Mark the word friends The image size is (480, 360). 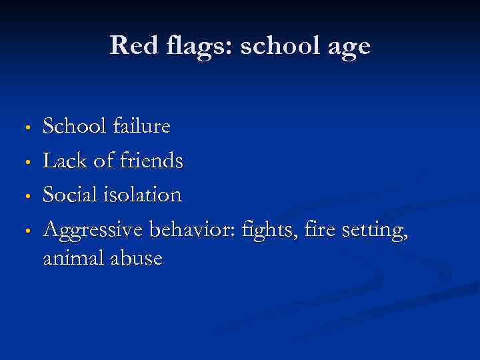(151, 160)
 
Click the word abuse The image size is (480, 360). (137, 258)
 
